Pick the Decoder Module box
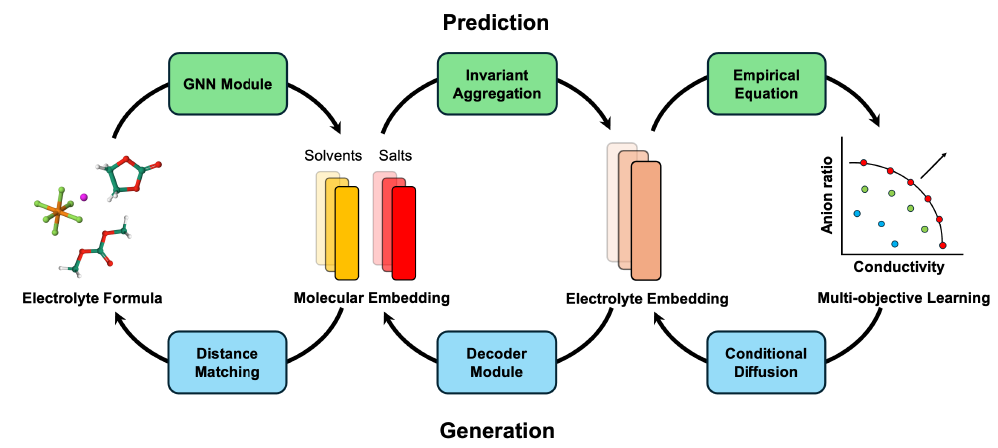click(496, 363)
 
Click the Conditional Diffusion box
click(766, 363)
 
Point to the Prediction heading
click(496, 21)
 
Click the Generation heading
click(496, 431)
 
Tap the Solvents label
click(333, 156)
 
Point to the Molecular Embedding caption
click(372, 297)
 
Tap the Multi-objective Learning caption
click(903, 297)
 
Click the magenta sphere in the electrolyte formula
click(84, 198)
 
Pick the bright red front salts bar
click(403, 233)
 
